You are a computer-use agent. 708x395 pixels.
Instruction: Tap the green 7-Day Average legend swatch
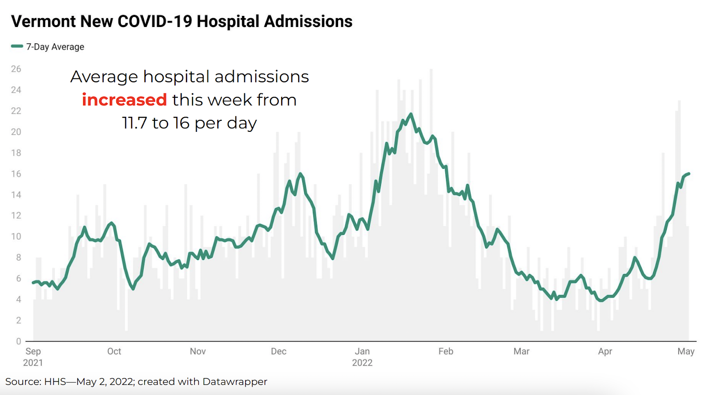coord(17,46)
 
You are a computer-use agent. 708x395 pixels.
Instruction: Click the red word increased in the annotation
coord(124,100)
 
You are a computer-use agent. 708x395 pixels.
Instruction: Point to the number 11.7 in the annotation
coord(135,123)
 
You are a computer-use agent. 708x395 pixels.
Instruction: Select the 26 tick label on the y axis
coord(16,69)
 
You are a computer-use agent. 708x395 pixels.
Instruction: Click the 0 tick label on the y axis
coord(19,341)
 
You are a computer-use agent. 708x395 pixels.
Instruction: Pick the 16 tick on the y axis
coord(16,174)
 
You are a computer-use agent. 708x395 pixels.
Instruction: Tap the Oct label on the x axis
coord(114,351)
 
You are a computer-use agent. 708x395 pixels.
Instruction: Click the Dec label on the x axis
coord(279,351)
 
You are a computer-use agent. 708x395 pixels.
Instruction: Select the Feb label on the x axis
coord(446,351)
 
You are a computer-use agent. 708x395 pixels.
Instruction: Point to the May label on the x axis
coord(686,351)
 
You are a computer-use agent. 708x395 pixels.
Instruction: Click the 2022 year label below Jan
coord(362,363)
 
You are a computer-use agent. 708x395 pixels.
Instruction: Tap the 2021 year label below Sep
coord(33,363)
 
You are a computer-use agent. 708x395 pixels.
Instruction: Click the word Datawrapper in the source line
coord(235,381)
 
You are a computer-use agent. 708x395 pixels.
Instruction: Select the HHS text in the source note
coord(55,381)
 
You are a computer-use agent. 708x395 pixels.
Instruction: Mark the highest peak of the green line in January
coord(411,114)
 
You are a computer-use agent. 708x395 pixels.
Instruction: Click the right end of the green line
coord(689,174)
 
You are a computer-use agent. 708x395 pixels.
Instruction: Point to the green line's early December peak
coord(300,173)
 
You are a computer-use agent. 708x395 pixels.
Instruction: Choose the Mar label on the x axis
coord(521,351)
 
